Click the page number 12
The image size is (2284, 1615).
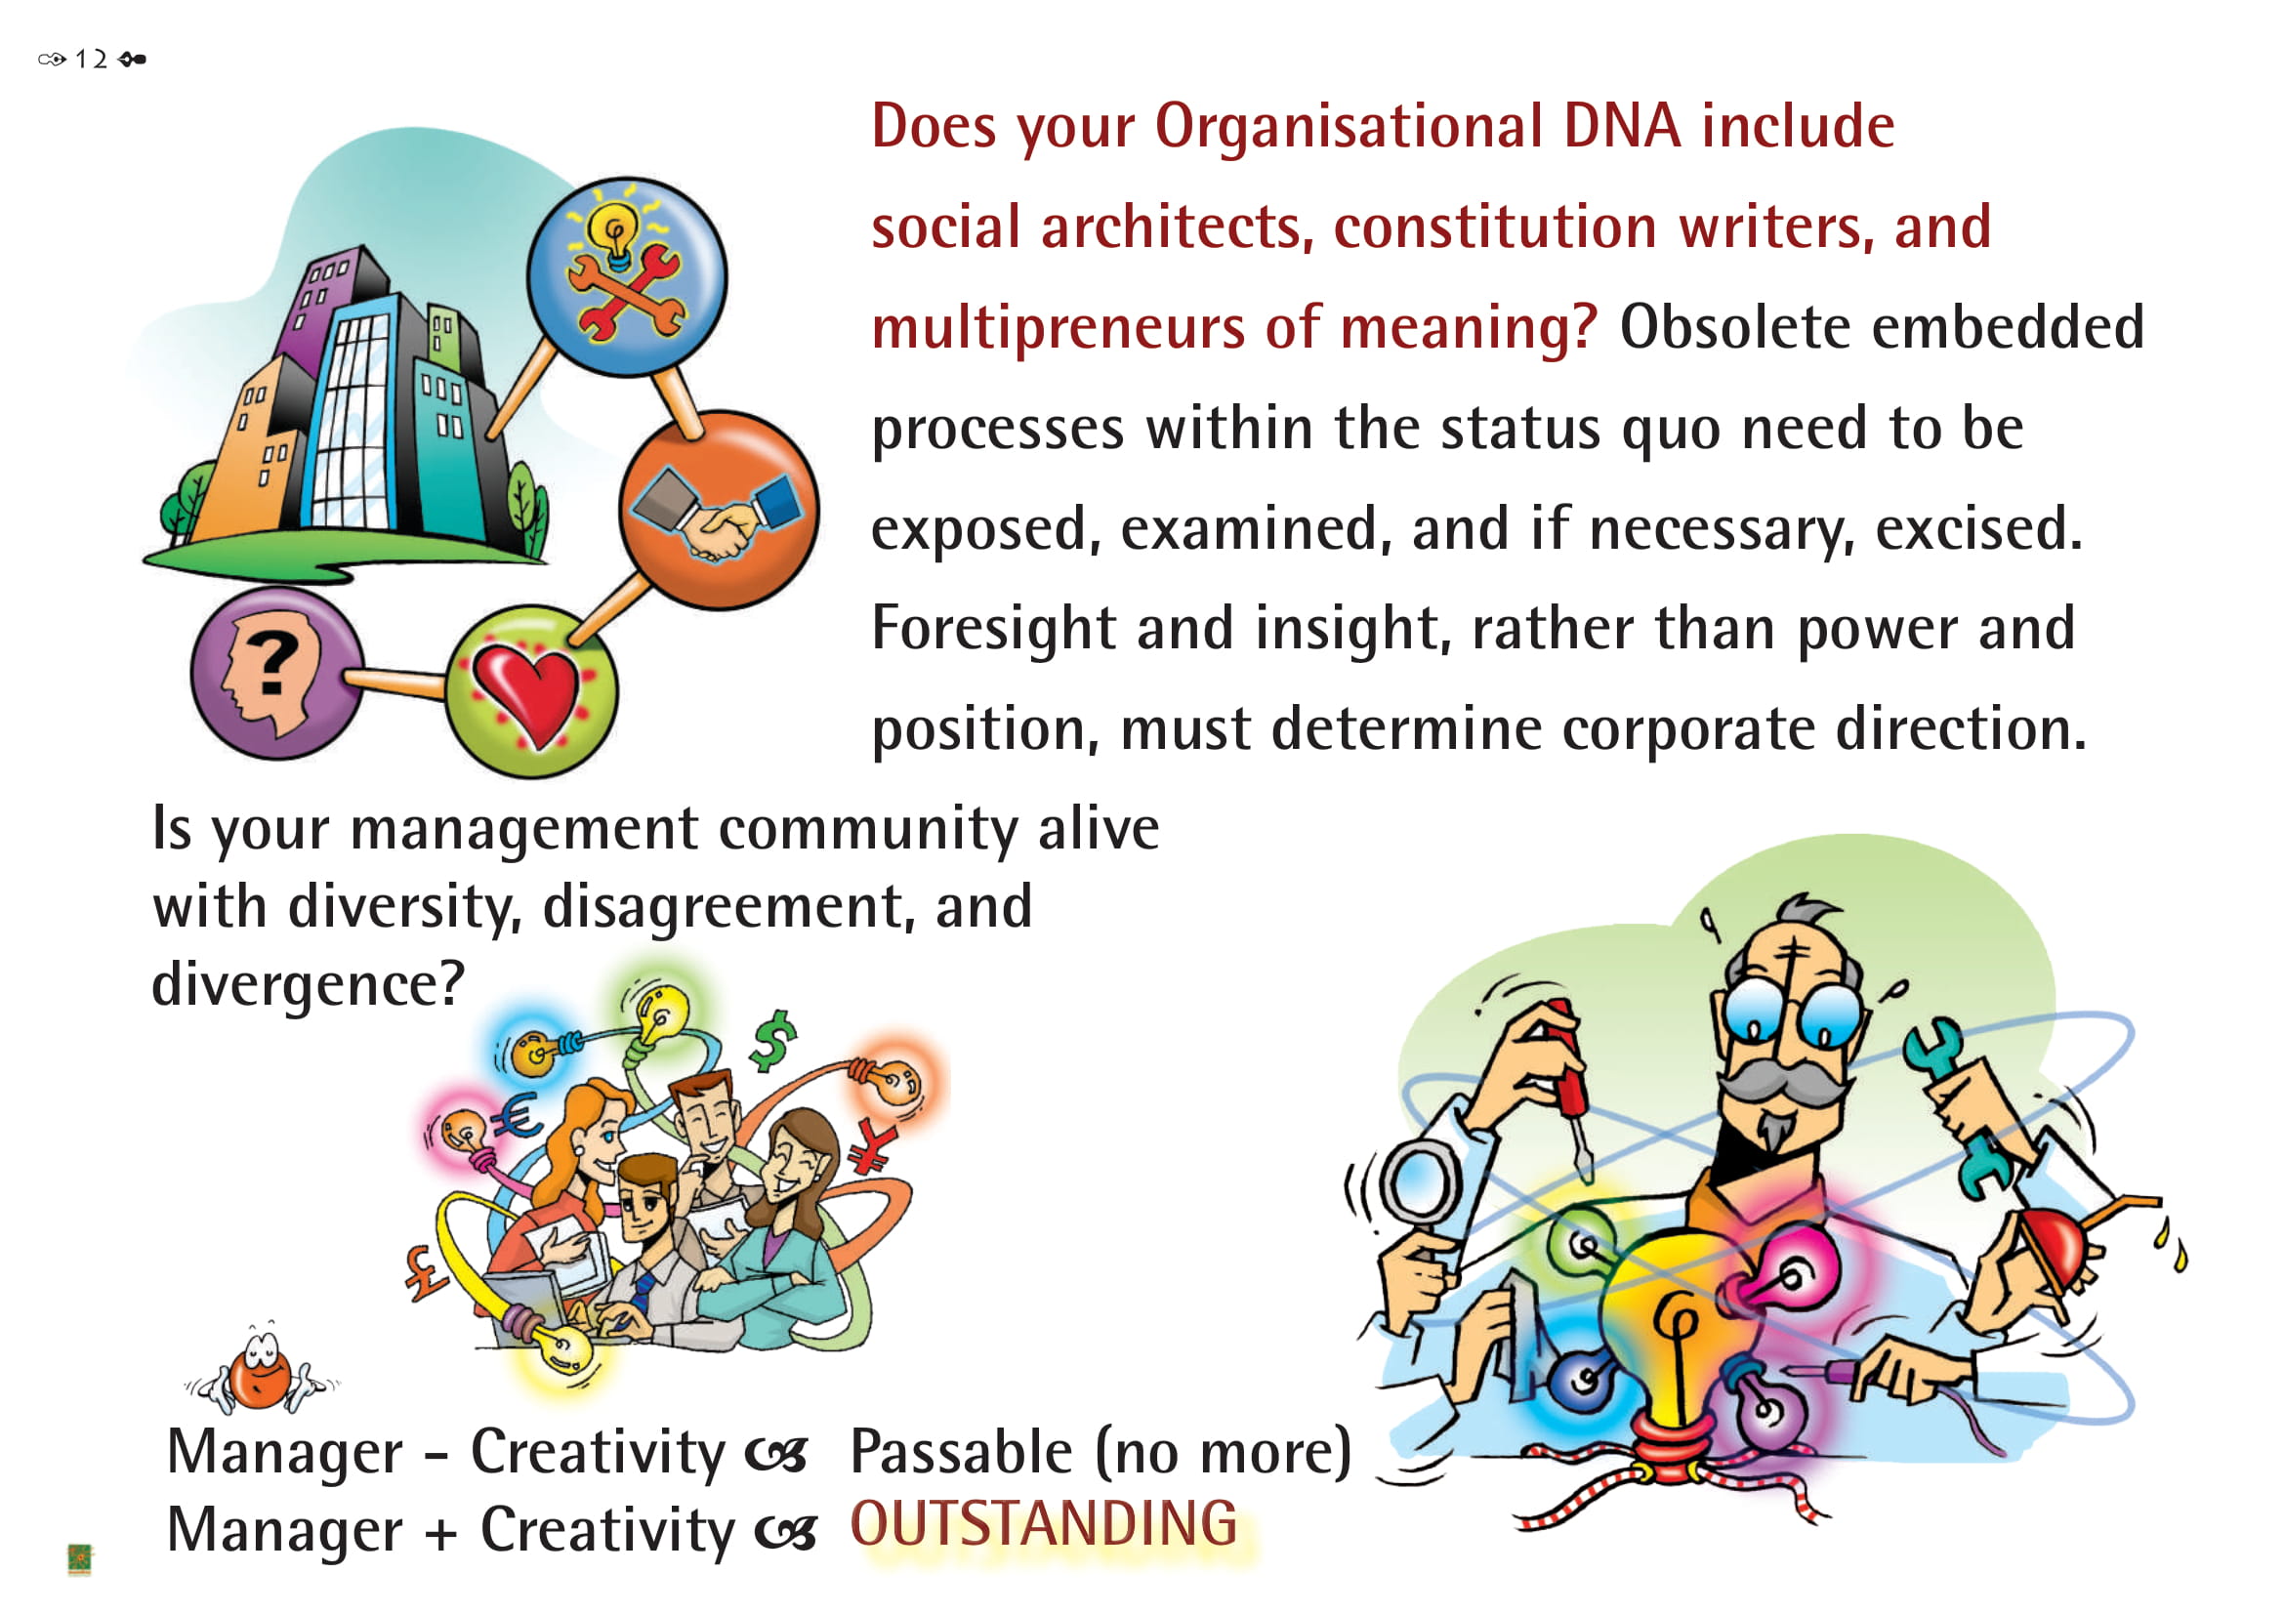[x=91, y=59]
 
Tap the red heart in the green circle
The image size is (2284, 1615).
[x=526, y=693]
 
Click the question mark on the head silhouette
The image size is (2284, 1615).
[x=270, y=663]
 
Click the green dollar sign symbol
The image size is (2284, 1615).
[x=773, y=1041]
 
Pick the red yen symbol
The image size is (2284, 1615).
[x=871, y=1147]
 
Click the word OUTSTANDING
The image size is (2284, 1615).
[x=1044, y=1524]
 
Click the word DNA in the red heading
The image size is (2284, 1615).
[x=1622, y=126]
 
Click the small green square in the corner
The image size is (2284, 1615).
[x=79, y=1559]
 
